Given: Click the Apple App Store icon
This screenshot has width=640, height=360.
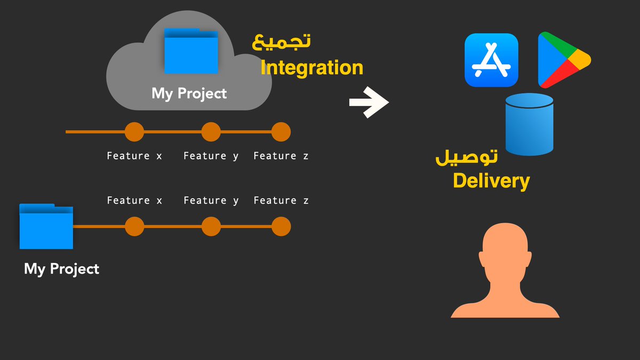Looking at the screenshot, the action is (491, 60).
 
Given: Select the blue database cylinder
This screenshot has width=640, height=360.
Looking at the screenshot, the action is (529, 124).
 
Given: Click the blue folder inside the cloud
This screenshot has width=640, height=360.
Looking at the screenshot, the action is (191, 51).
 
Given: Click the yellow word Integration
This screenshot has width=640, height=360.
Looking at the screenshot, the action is (311, 68).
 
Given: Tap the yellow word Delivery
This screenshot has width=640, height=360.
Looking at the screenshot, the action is (491, 181).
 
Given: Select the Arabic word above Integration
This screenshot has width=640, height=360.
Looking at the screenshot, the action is (281, 42).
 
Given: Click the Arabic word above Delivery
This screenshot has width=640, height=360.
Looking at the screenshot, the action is (466, 156).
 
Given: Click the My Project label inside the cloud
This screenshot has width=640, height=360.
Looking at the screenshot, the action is (189, 93).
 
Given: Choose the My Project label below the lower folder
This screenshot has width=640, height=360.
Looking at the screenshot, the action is (61, 268).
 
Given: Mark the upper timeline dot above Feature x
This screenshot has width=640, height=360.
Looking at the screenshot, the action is (134, 132).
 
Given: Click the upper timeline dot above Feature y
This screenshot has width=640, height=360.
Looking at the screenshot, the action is (211, 132).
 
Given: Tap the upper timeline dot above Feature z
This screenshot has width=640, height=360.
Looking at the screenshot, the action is (281, 132).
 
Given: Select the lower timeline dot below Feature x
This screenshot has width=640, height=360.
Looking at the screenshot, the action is (134, 227).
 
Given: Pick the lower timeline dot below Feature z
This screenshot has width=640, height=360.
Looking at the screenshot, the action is (281, 227).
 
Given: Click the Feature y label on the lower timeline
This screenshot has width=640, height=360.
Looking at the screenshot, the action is (211, 201).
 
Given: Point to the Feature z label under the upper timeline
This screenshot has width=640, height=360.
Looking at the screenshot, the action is (281, 156).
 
